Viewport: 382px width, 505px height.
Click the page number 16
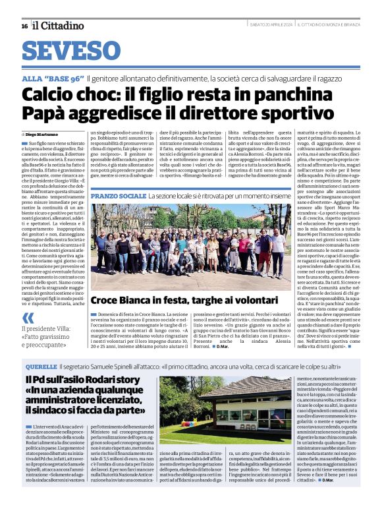coord(24,26)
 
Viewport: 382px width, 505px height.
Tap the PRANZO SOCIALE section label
coord(118,196)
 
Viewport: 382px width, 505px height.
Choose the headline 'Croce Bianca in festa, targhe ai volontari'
coord(182,319)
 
